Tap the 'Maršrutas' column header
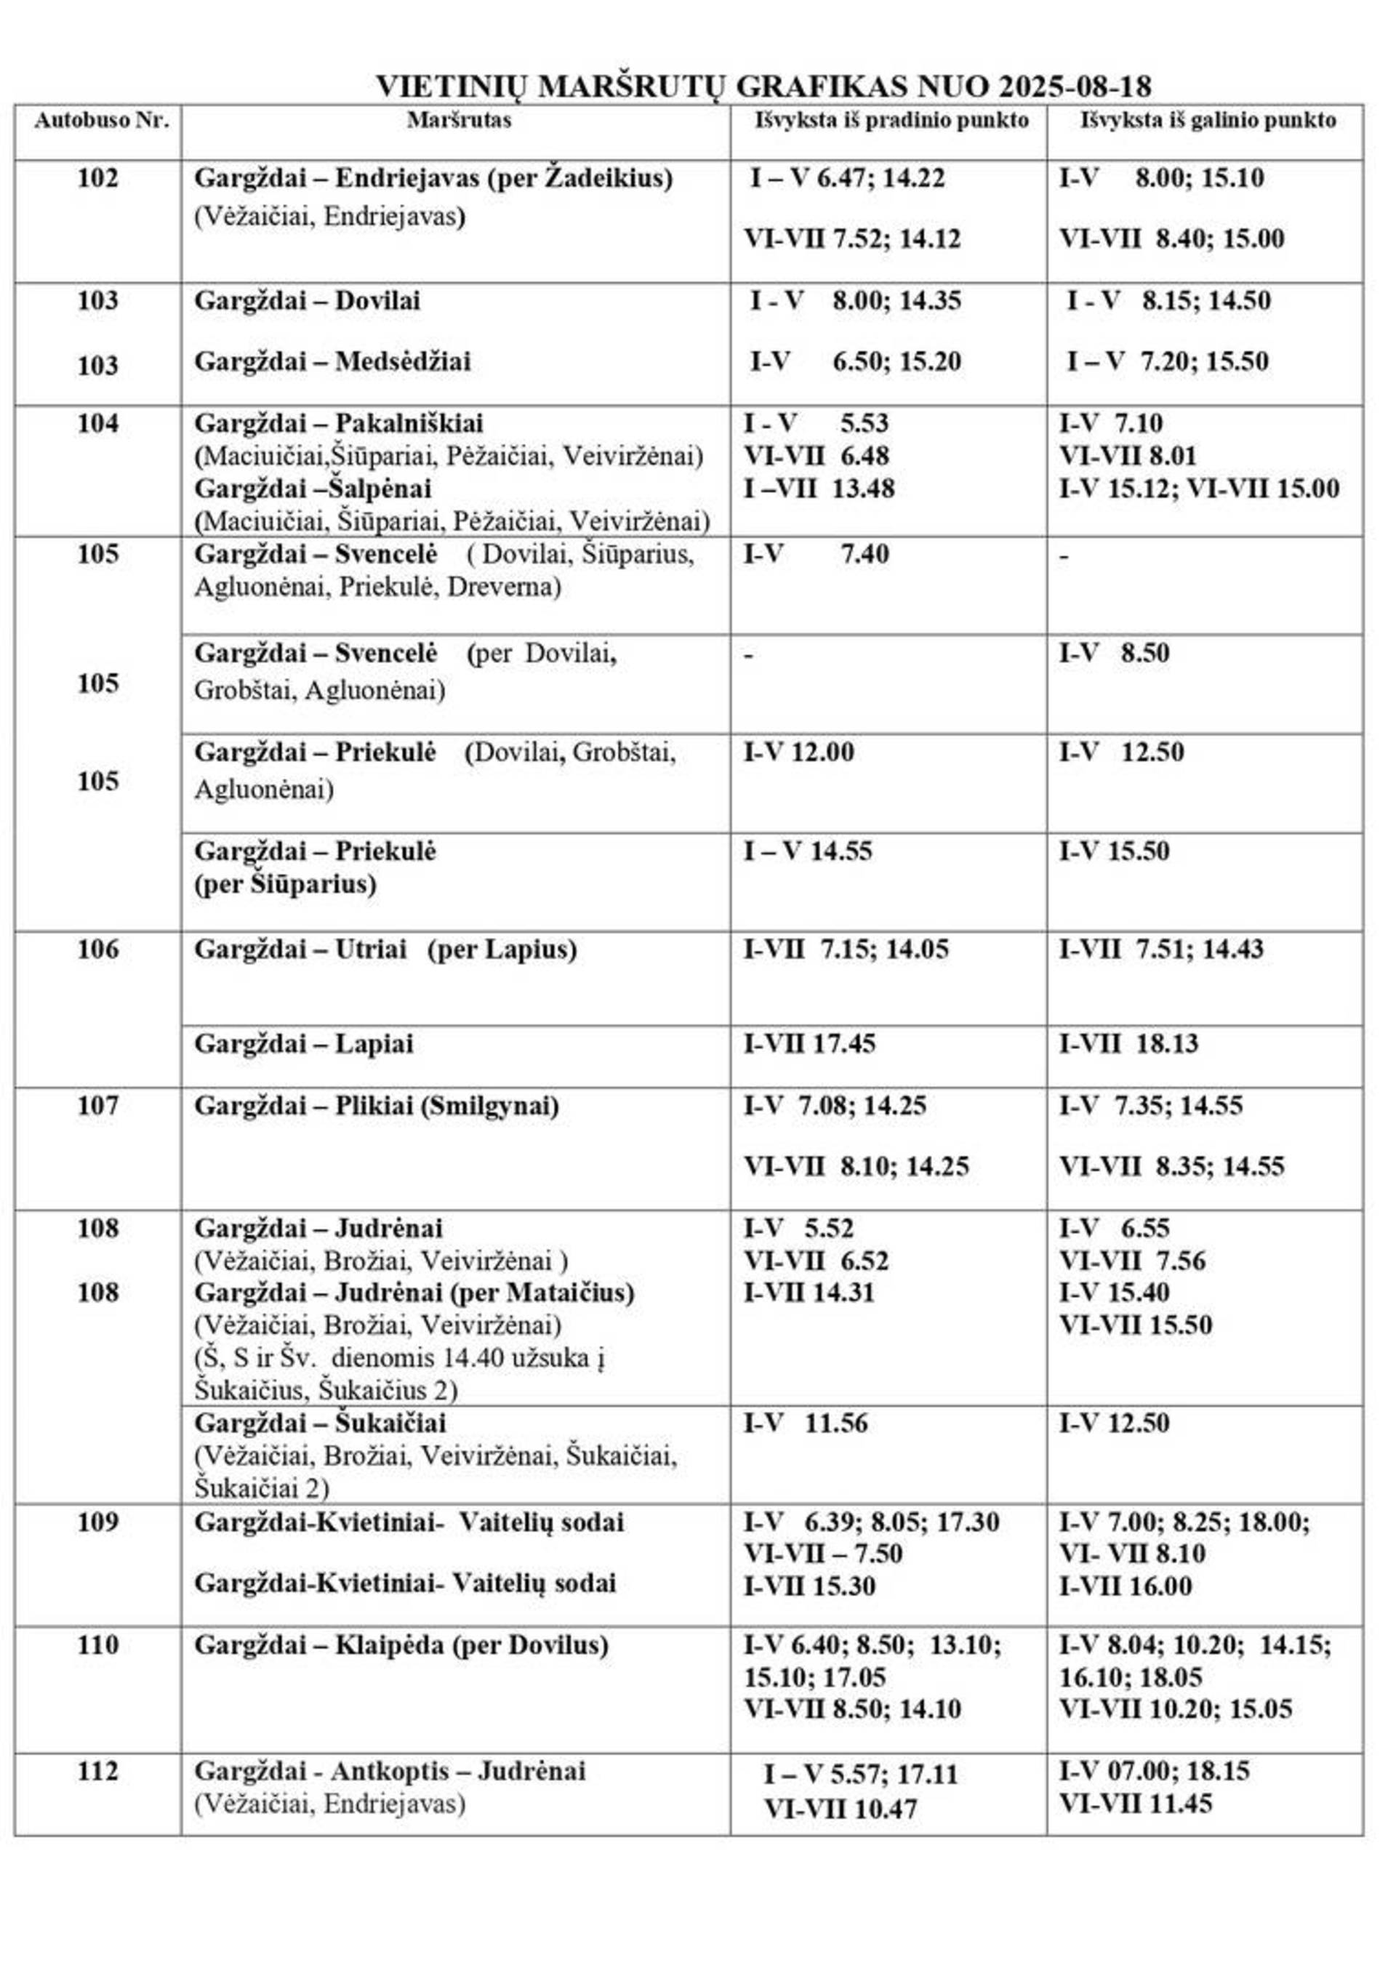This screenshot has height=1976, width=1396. click(459, 121)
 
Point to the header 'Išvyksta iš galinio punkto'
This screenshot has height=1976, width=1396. click(1208, 121)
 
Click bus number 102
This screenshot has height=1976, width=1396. click(97, 179)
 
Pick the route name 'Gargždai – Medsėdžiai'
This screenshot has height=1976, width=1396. click(332, 361)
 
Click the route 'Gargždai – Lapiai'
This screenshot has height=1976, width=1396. click(303, 1044)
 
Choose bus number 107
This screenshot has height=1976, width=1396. click(97, 1106)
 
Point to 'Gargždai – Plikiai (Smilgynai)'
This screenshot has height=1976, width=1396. click(376, 1106)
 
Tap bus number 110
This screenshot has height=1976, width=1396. click(97, 1644)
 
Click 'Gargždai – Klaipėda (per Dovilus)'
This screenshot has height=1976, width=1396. click(401, 1644)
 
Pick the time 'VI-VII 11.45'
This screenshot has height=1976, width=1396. click(1134, 1803)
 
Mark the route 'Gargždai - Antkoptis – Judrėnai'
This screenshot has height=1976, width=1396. click(390, 1770)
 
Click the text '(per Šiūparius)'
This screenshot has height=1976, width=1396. click(285, 885)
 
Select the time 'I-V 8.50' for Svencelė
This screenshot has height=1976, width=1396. click(1114, 654)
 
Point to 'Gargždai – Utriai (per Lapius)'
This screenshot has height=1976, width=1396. click(385, 950)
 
